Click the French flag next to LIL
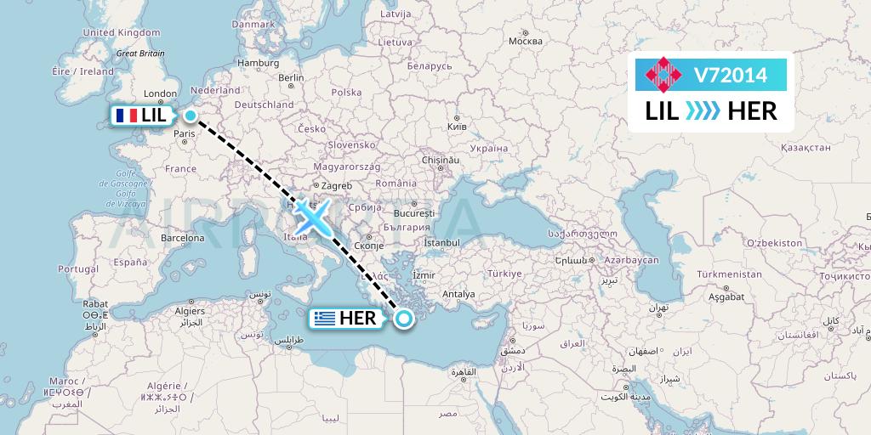coord(127,116)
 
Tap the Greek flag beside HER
coord(323,319)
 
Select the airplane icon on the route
coord(313,218)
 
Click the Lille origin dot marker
coord(191,116)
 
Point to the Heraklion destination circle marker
coord(404,319)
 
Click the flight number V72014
coord(730,76)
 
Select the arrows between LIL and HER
coord(703,110)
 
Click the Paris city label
coord(185,133)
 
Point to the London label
coord(160,94)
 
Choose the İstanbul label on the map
coord(441,243)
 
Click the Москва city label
coord(525,41)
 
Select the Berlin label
coord(291,77)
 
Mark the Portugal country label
coord(78,268)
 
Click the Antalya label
coord(458,295)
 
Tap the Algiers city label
coord(189,311)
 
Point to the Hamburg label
coord(253,62)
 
